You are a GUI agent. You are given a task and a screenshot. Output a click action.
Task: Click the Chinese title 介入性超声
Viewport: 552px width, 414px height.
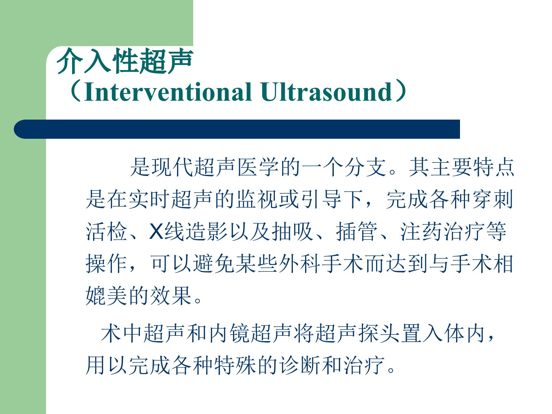tap(125, 61)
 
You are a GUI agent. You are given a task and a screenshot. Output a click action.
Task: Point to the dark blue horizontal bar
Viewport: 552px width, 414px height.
tap(237, 129)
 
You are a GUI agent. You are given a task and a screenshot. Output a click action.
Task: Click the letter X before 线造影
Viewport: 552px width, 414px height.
tap(156, 232)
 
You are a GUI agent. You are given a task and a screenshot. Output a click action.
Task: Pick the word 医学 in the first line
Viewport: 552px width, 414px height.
tap(258, 167)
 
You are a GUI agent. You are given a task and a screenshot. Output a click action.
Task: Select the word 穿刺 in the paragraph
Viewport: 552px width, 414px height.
tap(493, 199)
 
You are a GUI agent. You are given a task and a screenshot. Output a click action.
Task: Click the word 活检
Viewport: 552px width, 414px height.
tap(107, 232)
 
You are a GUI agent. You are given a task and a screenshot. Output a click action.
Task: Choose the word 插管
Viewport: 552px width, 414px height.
tap(356, 232)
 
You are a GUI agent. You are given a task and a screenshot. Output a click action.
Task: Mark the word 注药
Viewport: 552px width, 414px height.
tap(421, 232)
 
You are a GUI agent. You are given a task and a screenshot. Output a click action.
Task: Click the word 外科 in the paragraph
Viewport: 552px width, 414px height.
tap(299, 264)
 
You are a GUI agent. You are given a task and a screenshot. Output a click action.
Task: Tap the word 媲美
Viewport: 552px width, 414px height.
tap(107, 296)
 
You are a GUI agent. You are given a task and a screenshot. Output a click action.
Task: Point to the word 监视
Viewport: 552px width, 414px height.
tap(256, 199)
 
